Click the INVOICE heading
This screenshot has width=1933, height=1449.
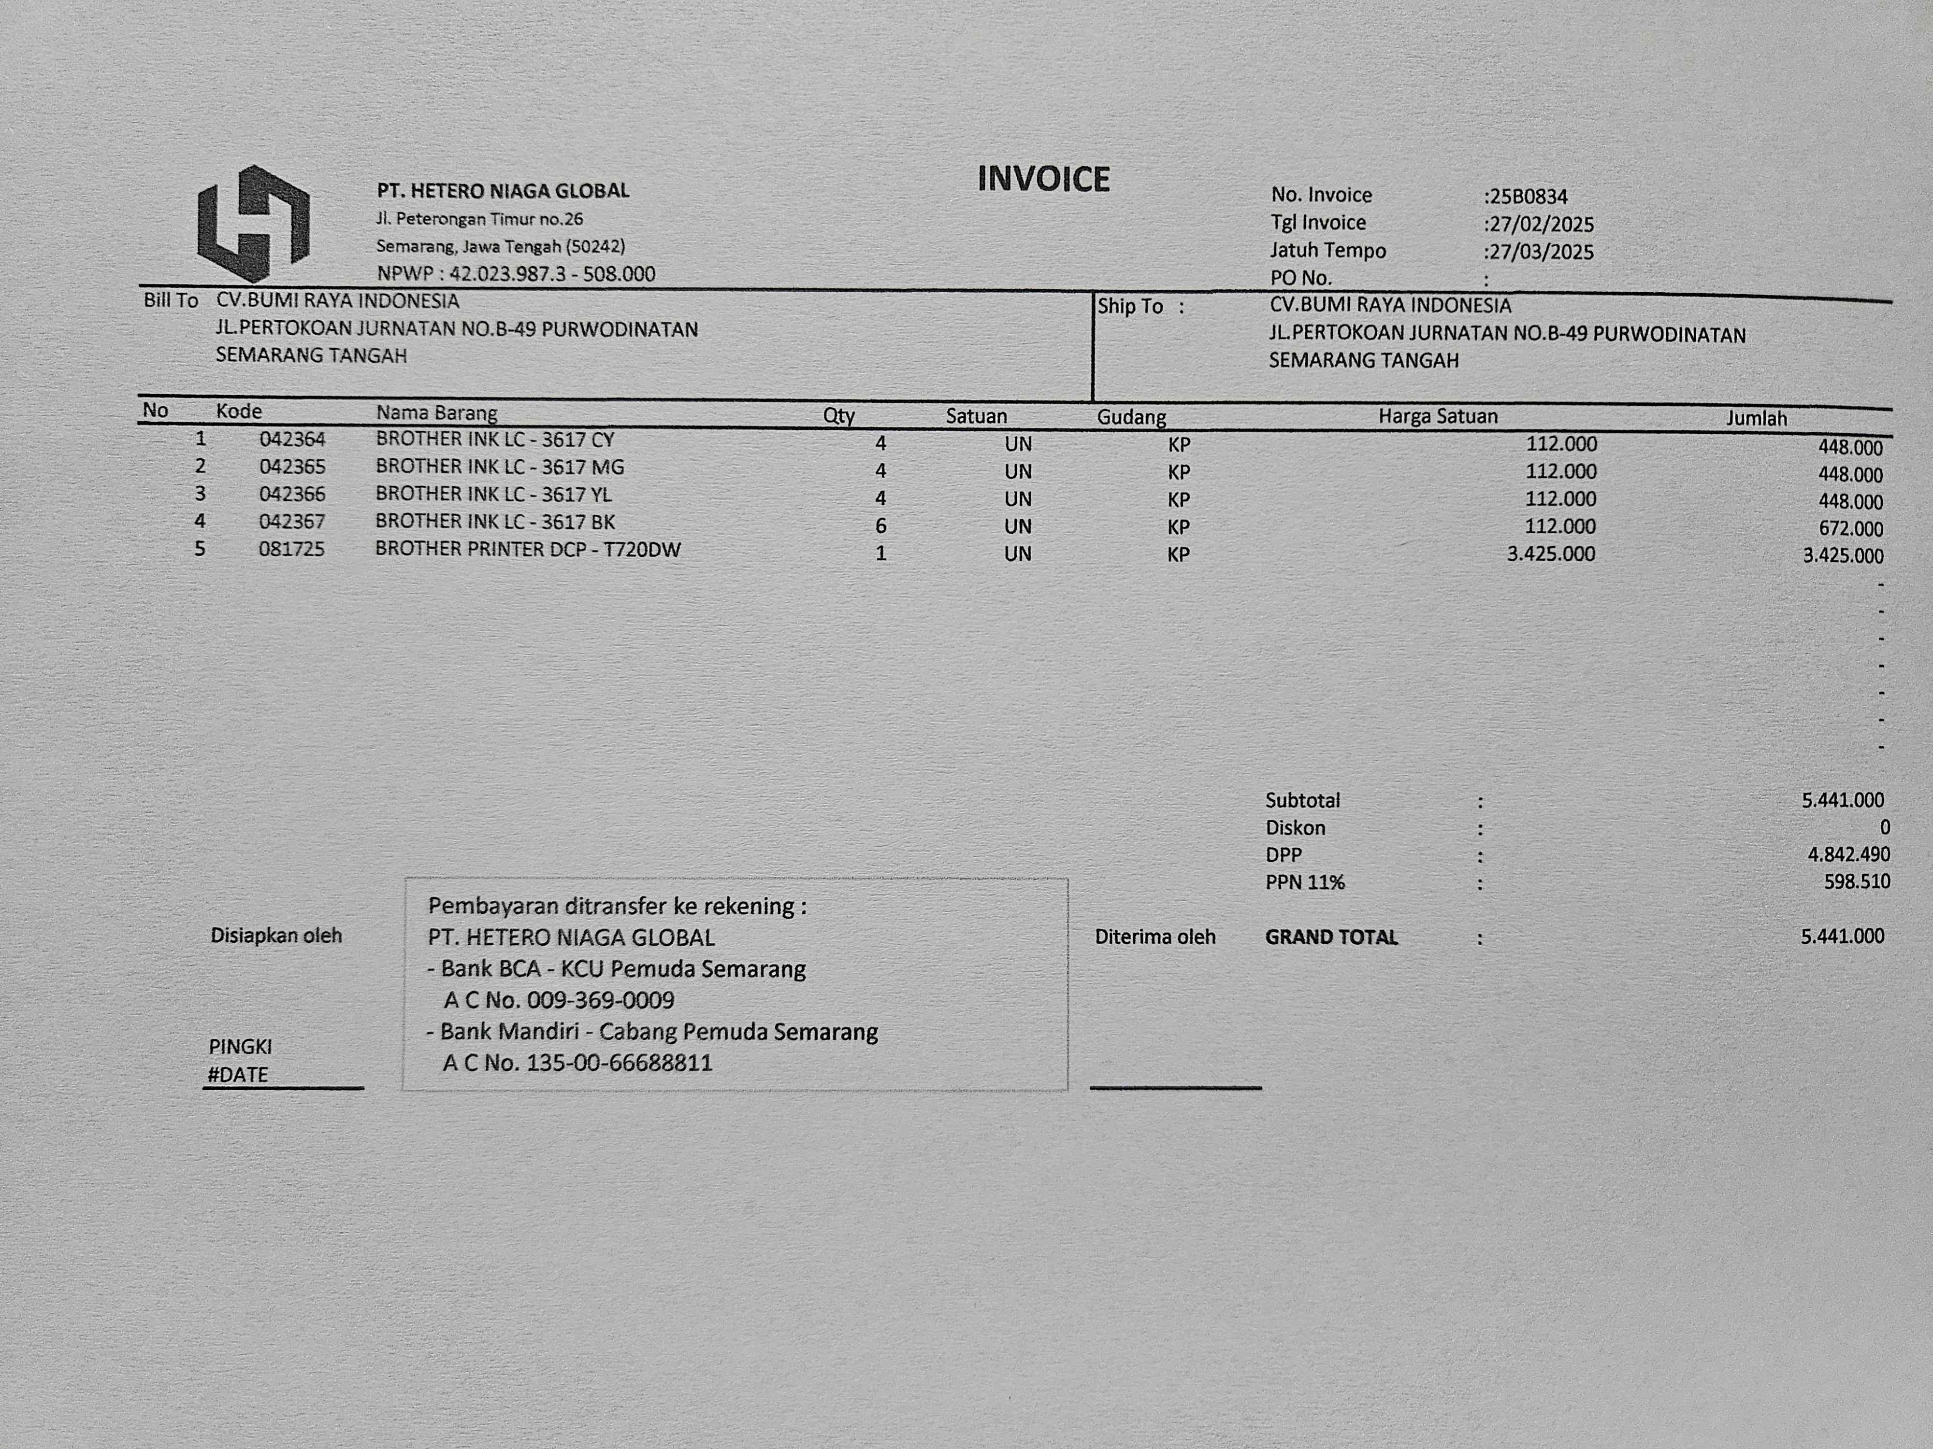tap(1043, 179)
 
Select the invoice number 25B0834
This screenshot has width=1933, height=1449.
tap(1528, 197)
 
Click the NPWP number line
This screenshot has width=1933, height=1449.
tap(516, 273)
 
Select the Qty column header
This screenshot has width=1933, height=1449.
tap(839, 416)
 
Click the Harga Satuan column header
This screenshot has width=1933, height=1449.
tap(1438, 417)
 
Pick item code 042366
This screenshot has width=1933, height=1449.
tap(292, 495)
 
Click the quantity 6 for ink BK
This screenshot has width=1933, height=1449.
tap(881, 526)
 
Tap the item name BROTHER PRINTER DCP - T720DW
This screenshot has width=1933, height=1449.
tap(528, 549)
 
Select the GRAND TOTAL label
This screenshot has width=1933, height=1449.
tap(1331, 937)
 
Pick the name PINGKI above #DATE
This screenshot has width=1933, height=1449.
tap(240, 1046)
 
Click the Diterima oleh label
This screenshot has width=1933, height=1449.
tap(1154, 937)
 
